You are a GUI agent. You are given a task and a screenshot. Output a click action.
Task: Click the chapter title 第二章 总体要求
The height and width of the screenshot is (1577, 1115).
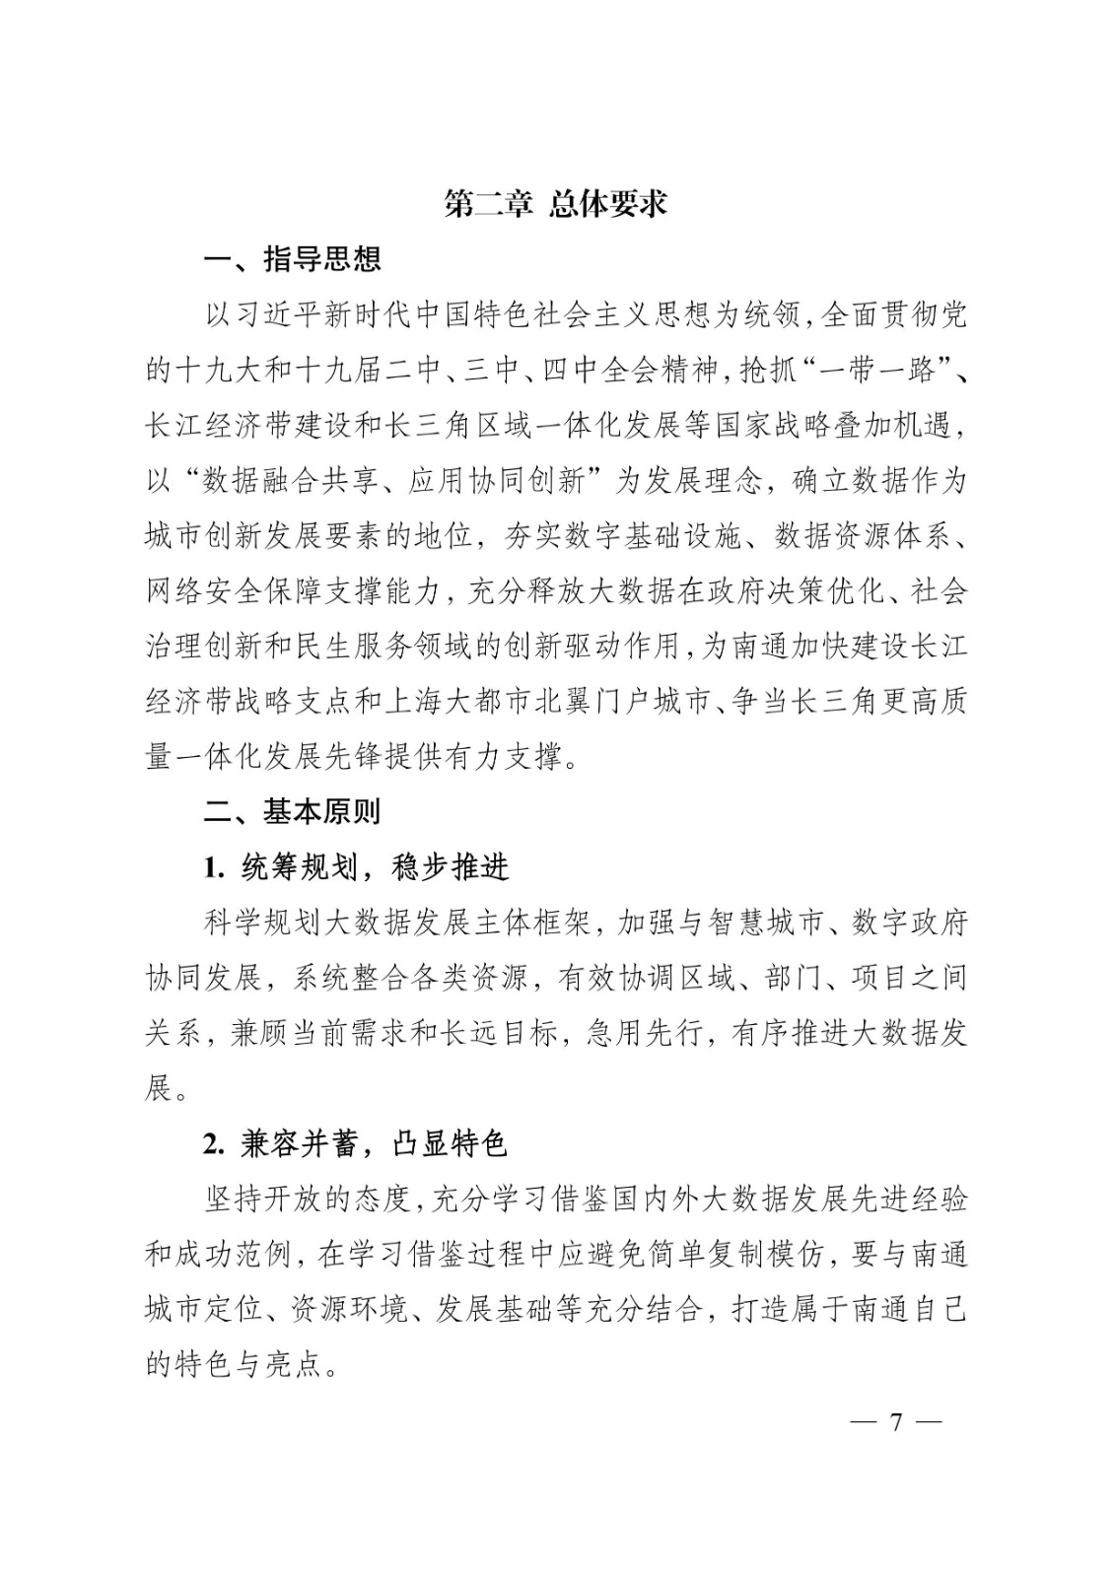click(556, 203)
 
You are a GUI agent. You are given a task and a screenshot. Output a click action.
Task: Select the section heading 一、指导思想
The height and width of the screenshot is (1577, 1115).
click(292, 259)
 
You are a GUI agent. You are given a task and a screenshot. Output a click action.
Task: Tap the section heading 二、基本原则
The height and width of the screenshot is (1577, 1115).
click(292, 811)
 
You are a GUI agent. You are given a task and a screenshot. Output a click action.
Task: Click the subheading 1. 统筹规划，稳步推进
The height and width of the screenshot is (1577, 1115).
click(356, 867)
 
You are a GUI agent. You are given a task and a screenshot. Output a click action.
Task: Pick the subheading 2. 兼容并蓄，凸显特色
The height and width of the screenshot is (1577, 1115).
click(355, 1144)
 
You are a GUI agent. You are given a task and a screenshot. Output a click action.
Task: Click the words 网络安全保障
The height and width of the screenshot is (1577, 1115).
click(233, 591)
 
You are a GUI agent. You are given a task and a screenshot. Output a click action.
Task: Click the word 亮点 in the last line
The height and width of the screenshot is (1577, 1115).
click(295, 1365)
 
